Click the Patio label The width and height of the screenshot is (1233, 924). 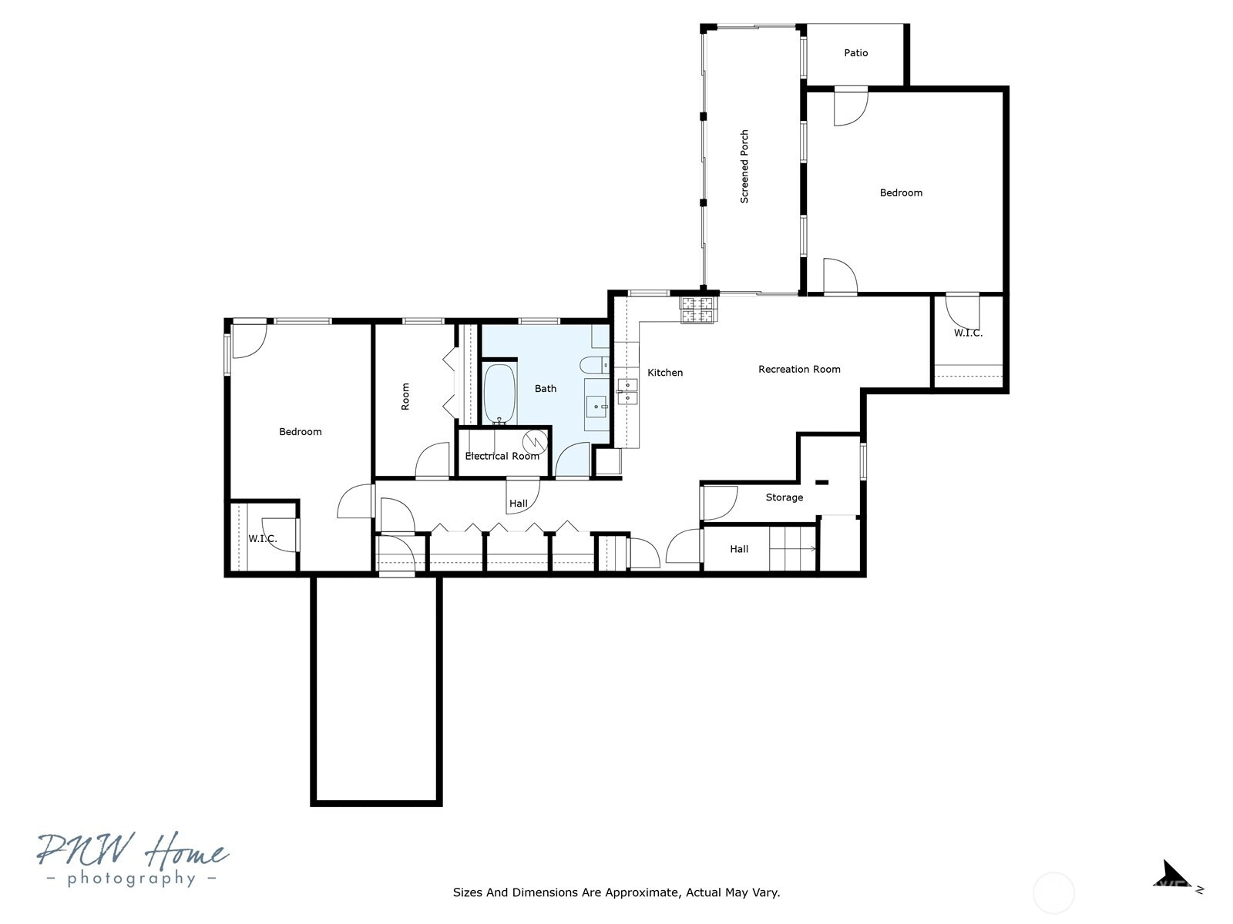pos(855,52)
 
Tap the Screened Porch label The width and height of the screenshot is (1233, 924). pos(744,166)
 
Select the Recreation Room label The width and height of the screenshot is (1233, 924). pos(799,369)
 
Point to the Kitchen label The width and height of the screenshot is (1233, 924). pos(665,373)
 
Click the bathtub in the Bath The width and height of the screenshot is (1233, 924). pos(499,394)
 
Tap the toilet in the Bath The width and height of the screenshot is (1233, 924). pos(594,366)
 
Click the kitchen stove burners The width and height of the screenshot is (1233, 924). pos(697,310)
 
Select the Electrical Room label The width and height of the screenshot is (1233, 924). pos(502,456)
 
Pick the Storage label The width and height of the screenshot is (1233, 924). pos(784,497)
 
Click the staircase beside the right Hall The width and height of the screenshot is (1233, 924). pos(792,549)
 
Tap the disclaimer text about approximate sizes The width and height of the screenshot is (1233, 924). pos(616,892)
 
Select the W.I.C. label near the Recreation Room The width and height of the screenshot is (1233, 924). pos(968,333)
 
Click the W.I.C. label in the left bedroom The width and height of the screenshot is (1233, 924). pos(262,539)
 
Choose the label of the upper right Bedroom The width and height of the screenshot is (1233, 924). pos(901,193)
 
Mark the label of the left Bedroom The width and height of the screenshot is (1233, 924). pos(301,432)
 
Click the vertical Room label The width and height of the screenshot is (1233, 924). pos(405,397)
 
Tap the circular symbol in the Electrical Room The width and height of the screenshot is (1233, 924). pos(535,442)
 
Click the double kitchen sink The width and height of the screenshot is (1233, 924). pos(627,391)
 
